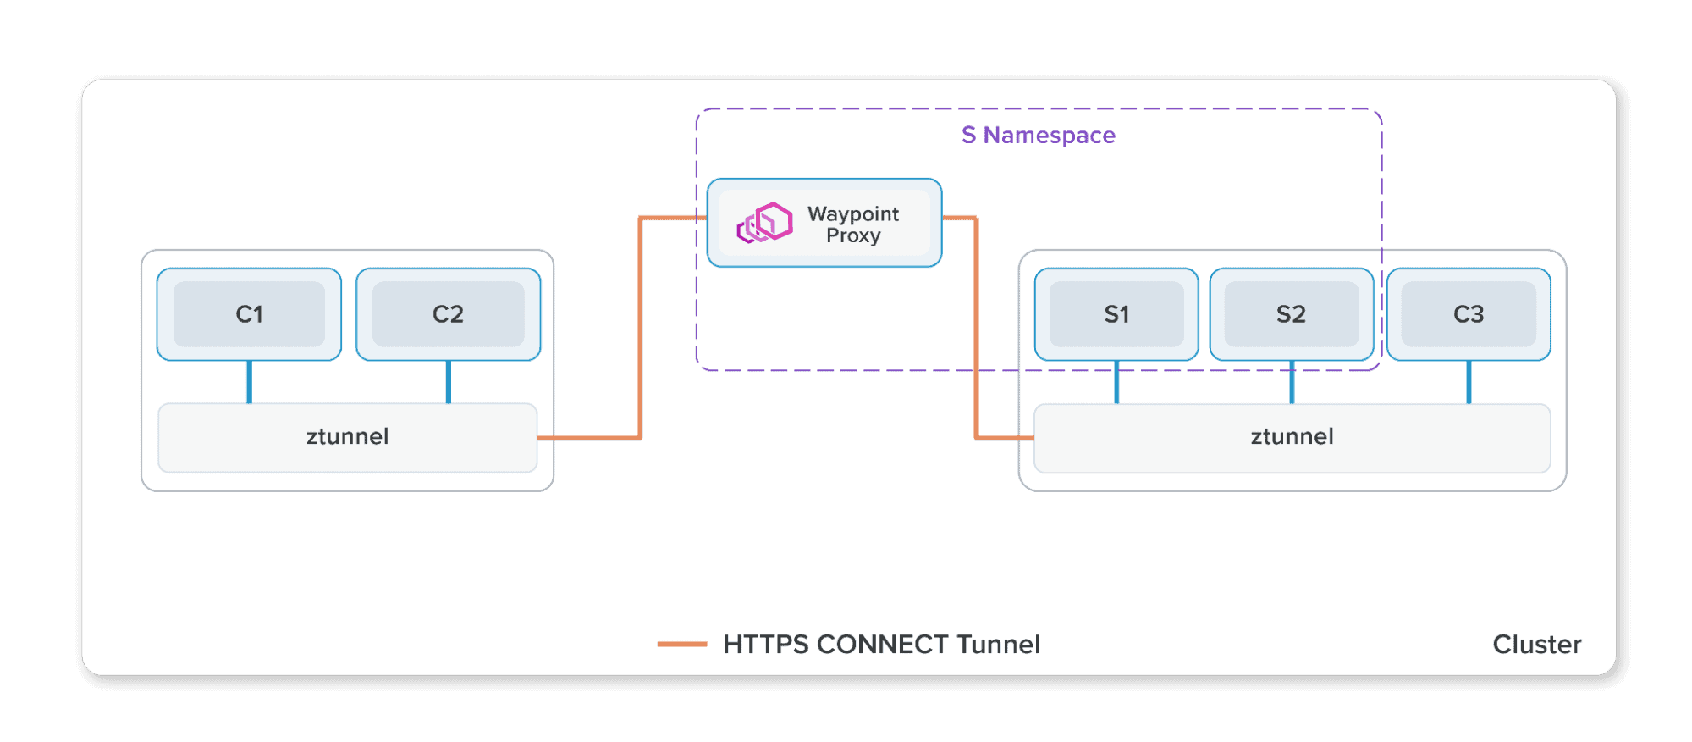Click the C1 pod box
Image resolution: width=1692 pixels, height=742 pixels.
point(249,314)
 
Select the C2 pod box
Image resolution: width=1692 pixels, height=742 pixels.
point(448,314)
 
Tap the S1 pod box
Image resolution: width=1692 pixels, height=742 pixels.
point(1116,314)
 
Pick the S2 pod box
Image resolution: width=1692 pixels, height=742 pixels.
point(1291,314)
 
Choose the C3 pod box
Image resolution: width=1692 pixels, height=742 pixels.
point(1469,314)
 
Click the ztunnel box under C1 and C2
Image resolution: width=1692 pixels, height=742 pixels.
point(347,437)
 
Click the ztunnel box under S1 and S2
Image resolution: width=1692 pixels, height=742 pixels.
point(1292,437)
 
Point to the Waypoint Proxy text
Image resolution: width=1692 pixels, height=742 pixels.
point(853,224)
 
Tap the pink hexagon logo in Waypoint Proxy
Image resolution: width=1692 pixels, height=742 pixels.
point(765,223)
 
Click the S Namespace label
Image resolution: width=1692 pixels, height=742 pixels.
point(1038,136)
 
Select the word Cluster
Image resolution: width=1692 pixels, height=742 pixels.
point(1536,645)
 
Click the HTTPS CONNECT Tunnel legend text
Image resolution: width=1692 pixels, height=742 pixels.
point(881,645)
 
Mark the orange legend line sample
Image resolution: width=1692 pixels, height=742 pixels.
point(681,645)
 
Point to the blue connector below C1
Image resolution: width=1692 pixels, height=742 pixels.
point(249,382)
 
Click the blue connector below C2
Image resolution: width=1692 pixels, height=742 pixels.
point(448,382)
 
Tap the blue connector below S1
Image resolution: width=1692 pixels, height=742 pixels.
point(1116,382)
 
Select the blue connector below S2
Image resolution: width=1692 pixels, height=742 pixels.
point(1292,382)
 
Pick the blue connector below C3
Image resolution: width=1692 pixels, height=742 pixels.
point(1469,382)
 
